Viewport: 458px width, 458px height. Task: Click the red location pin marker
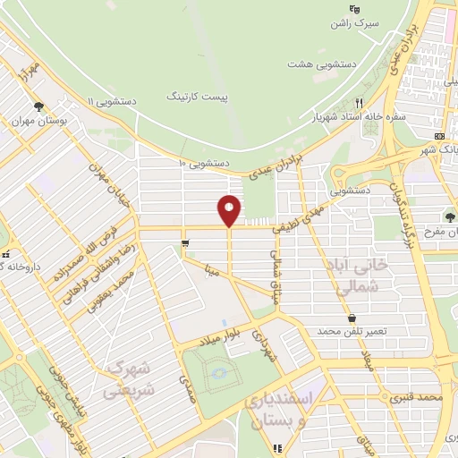tap(230, 211)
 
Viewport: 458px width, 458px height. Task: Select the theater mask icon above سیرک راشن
tap(354, 10)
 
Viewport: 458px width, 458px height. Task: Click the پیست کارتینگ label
tap(198, 95)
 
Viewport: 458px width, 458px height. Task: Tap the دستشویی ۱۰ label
tap(205, 165)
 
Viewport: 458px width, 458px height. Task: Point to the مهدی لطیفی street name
tap(311, 213)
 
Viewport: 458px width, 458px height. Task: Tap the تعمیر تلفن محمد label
tap(352, 332)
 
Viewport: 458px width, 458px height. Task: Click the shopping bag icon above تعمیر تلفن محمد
tap(352, 318)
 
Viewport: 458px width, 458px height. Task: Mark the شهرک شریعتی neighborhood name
tap(131, 379)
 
